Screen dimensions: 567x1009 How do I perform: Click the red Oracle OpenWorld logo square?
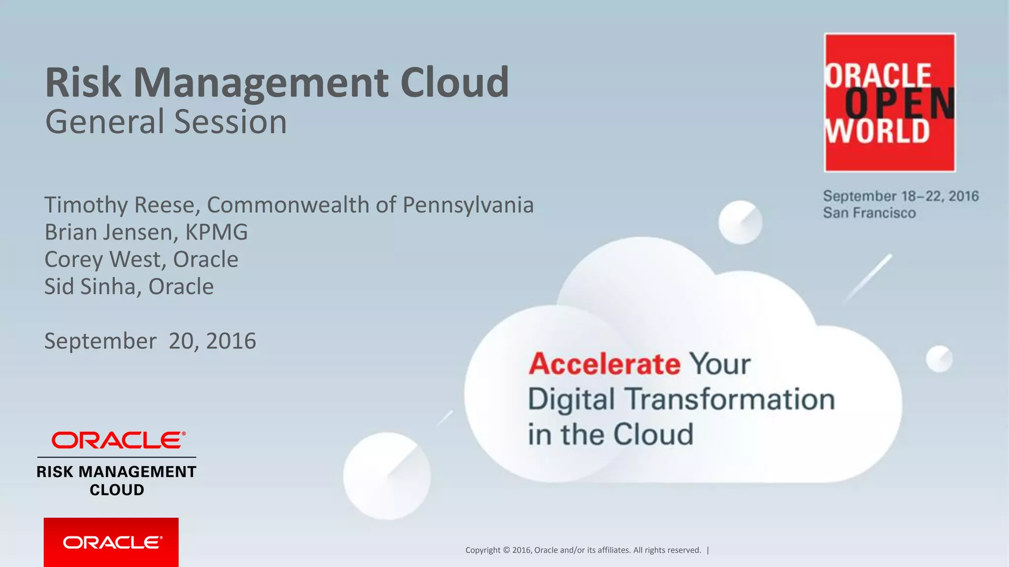890,102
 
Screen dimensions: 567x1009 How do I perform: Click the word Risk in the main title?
83,83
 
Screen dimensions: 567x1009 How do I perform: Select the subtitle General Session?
166,122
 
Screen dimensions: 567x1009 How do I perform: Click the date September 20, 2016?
150,341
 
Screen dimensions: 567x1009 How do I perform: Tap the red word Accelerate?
605,364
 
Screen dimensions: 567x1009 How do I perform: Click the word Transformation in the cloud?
730,399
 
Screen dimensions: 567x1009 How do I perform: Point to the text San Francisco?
869,213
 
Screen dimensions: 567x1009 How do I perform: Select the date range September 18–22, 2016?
901,196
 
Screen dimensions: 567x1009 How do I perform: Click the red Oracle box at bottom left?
111,542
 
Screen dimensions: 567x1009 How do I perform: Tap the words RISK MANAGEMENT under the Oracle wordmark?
117,472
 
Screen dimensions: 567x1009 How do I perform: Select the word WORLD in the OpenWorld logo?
877,132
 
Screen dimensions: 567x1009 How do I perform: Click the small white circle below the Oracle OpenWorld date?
740,222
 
